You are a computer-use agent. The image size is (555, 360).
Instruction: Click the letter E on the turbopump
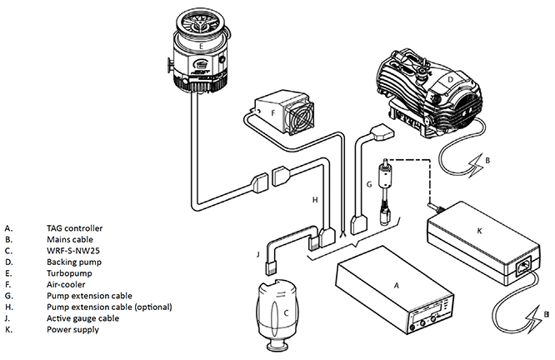(x=201, y=46)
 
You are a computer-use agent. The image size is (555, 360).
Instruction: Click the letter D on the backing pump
(x=450, y=79)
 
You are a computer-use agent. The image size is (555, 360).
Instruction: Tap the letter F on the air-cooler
(x=272, y=113)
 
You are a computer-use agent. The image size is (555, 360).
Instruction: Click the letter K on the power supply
(x=480, y=231)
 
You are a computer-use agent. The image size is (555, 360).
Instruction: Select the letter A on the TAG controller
(x=397, y=285)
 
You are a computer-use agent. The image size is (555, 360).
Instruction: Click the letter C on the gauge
(x=287, y=313)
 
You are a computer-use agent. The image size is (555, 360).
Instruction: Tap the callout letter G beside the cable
(x=369, y=184)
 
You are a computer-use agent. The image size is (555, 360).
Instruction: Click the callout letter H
(x=315, y=200)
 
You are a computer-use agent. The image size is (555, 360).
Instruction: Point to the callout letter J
(x=258, y=254)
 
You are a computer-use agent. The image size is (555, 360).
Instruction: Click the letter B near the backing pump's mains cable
(x=487, y=160)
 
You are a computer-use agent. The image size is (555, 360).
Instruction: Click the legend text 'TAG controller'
(x=75, y=228)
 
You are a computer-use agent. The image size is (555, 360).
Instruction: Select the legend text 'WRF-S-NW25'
(x=73, y=251)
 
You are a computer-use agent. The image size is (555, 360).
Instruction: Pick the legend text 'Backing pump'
(x=74, y=262)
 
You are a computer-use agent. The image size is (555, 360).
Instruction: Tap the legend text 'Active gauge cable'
(x=82, y=318)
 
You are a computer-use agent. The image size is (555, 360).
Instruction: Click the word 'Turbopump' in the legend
(x=69, y=273)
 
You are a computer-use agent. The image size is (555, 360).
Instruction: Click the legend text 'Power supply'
(x=72, y=329)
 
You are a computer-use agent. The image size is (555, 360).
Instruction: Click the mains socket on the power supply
(x=524, y=267)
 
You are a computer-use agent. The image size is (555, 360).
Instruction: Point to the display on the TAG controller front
(x=427, y=313)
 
